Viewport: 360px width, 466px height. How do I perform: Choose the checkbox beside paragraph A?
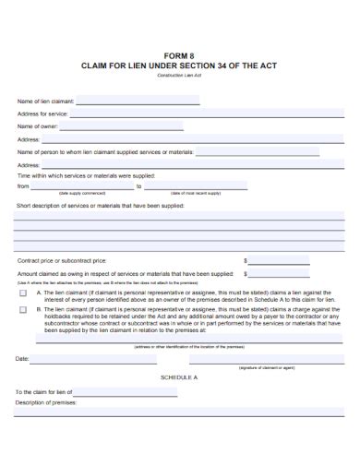point(23,292)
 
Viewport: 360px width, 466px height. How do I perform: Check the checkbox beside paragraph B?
point(23,310)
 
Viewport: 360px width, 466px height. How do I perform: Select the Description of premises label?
point(45,402)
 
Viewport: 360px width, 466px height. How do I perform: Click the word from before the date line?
point(23,185)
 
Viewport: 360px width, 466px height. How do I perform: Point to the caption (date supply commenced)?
point(82,194)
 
